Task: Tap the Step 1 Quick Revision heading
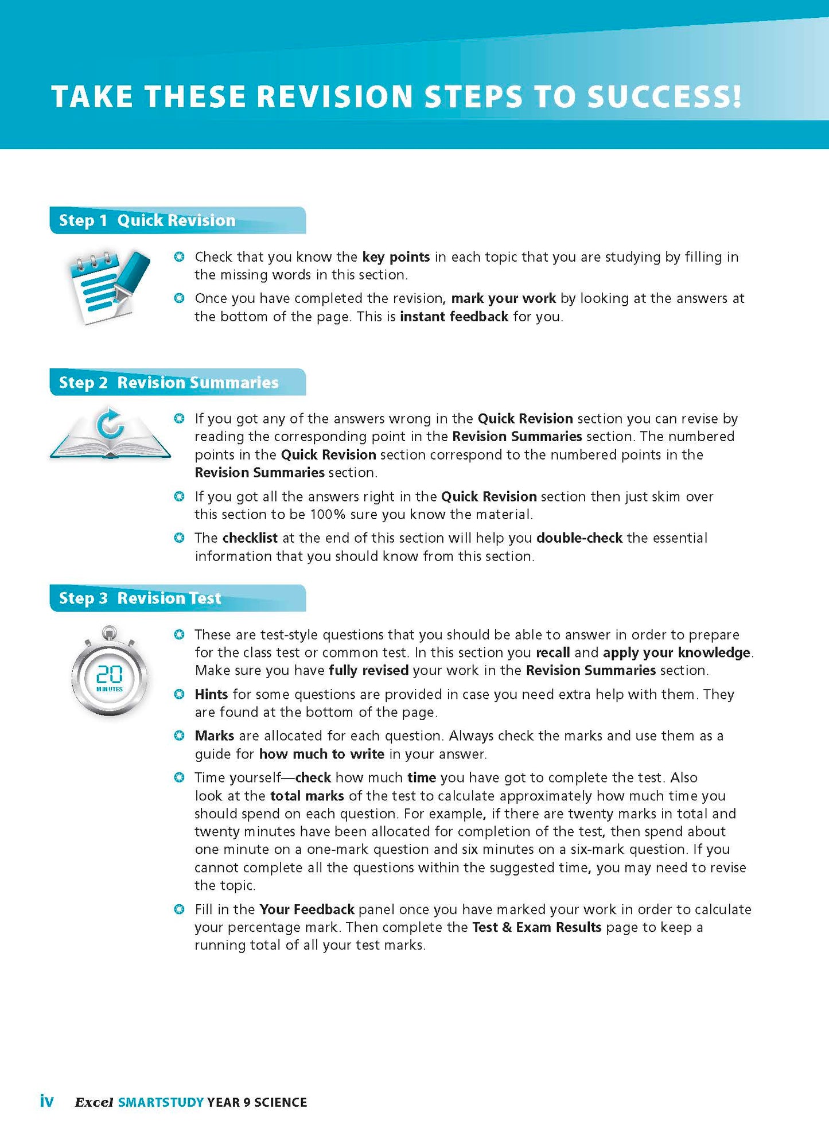click(147, 220)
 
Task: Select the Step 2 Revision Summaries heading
click(169, 383)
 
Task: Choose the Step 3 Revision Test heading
click(140, 598)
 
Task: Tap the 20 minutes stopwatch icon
click(109, 672)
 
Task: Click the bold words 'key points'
click(396, 257)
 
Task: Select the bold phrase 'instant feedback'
click(454, 317)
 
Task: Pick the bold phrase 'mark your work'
click(503, 298)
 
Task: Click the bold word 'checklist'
click(250, 538)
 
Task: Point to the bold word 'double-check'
click(579, 538)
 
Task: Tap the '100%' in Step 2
click(328, 515)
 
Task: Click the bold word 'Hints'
click(211, 695)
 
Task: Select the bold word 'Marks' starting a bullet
click(214, 736)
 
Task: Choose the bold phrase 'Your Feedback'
click(306, 909)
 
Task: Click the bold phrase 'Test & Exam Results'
click(536, 928)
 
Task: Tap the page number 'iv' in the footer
click(46, 1101)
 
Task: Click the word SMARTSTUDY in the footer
click(161, 1102)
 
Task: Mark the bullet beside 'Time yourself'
click(179, 778)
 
